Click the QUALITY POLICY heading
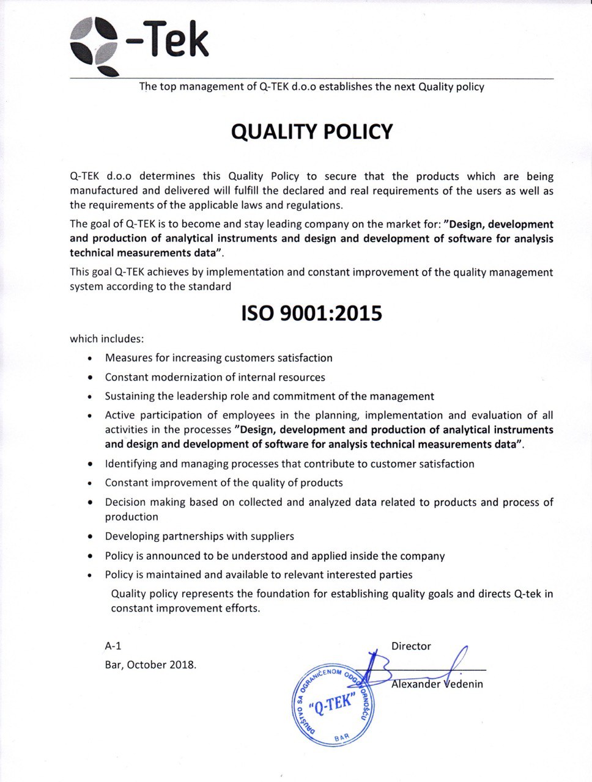pyautogui.click(x=312, y=131)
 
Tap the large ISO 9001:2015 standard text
pyautogui.click(x=312, y=313)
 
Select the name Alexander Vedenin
pyautogui.click(x=437, y=684)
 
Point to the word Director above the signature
pyautogui.click(x=411, y=646)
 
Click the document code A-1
pyautogui.click(x=113, y=646)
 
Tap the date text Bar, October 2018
pyautogui.click(x=150, y=665)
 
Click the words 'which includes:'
pyautogui.click(x=107, y=338)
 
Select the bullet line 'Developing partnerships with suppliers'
pyautogui.click(x=199, y=536)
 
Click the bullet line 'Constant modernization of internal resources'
pyautogui.click(x=215, y=378)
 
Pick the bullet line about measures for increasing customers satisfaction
pyautogui.click(x=218, y=358)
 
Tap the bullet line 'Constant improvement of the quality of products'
pyautogui.click(x=224, y=483)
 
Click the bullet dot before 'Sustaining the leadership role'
pyautogui.click(x=91, y=397)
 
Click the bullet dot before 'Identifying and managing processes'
pyautogui.click(x=91, y=465)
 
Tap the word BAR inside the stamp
pyautogui.click(x=342, y=739)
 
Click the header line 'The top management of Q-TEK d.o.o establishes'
pyautogui.click(x=311, y=87)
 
